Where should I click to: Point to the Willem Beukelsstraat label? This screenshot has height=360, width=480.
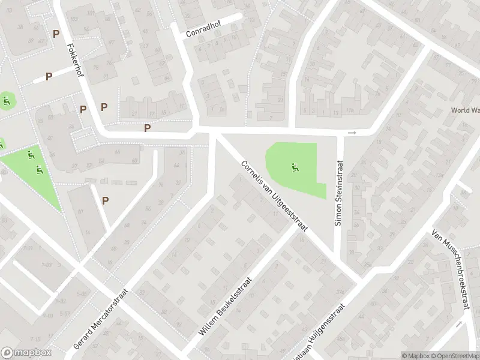226,306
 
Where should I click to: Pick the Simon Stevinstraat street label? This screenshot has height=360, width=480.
339,193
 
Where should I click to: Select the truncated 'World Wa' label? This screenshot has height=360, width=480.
465,111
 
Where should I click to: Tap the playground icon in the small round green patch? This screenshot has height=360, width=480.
7,100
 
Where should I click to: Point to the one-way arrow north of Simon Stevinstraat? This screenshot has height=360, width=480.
352,133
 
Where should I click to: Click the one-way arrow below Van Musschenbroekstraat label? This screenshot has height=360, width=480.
459,323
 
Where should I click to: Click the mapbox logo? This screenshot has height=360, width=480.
25,353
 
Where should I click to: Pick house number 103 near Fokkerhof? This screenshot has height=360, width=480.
74,20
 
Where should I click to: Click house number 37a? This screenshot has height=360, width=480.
341,292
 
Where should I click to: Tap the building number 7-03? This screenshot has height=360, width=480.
46,264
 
